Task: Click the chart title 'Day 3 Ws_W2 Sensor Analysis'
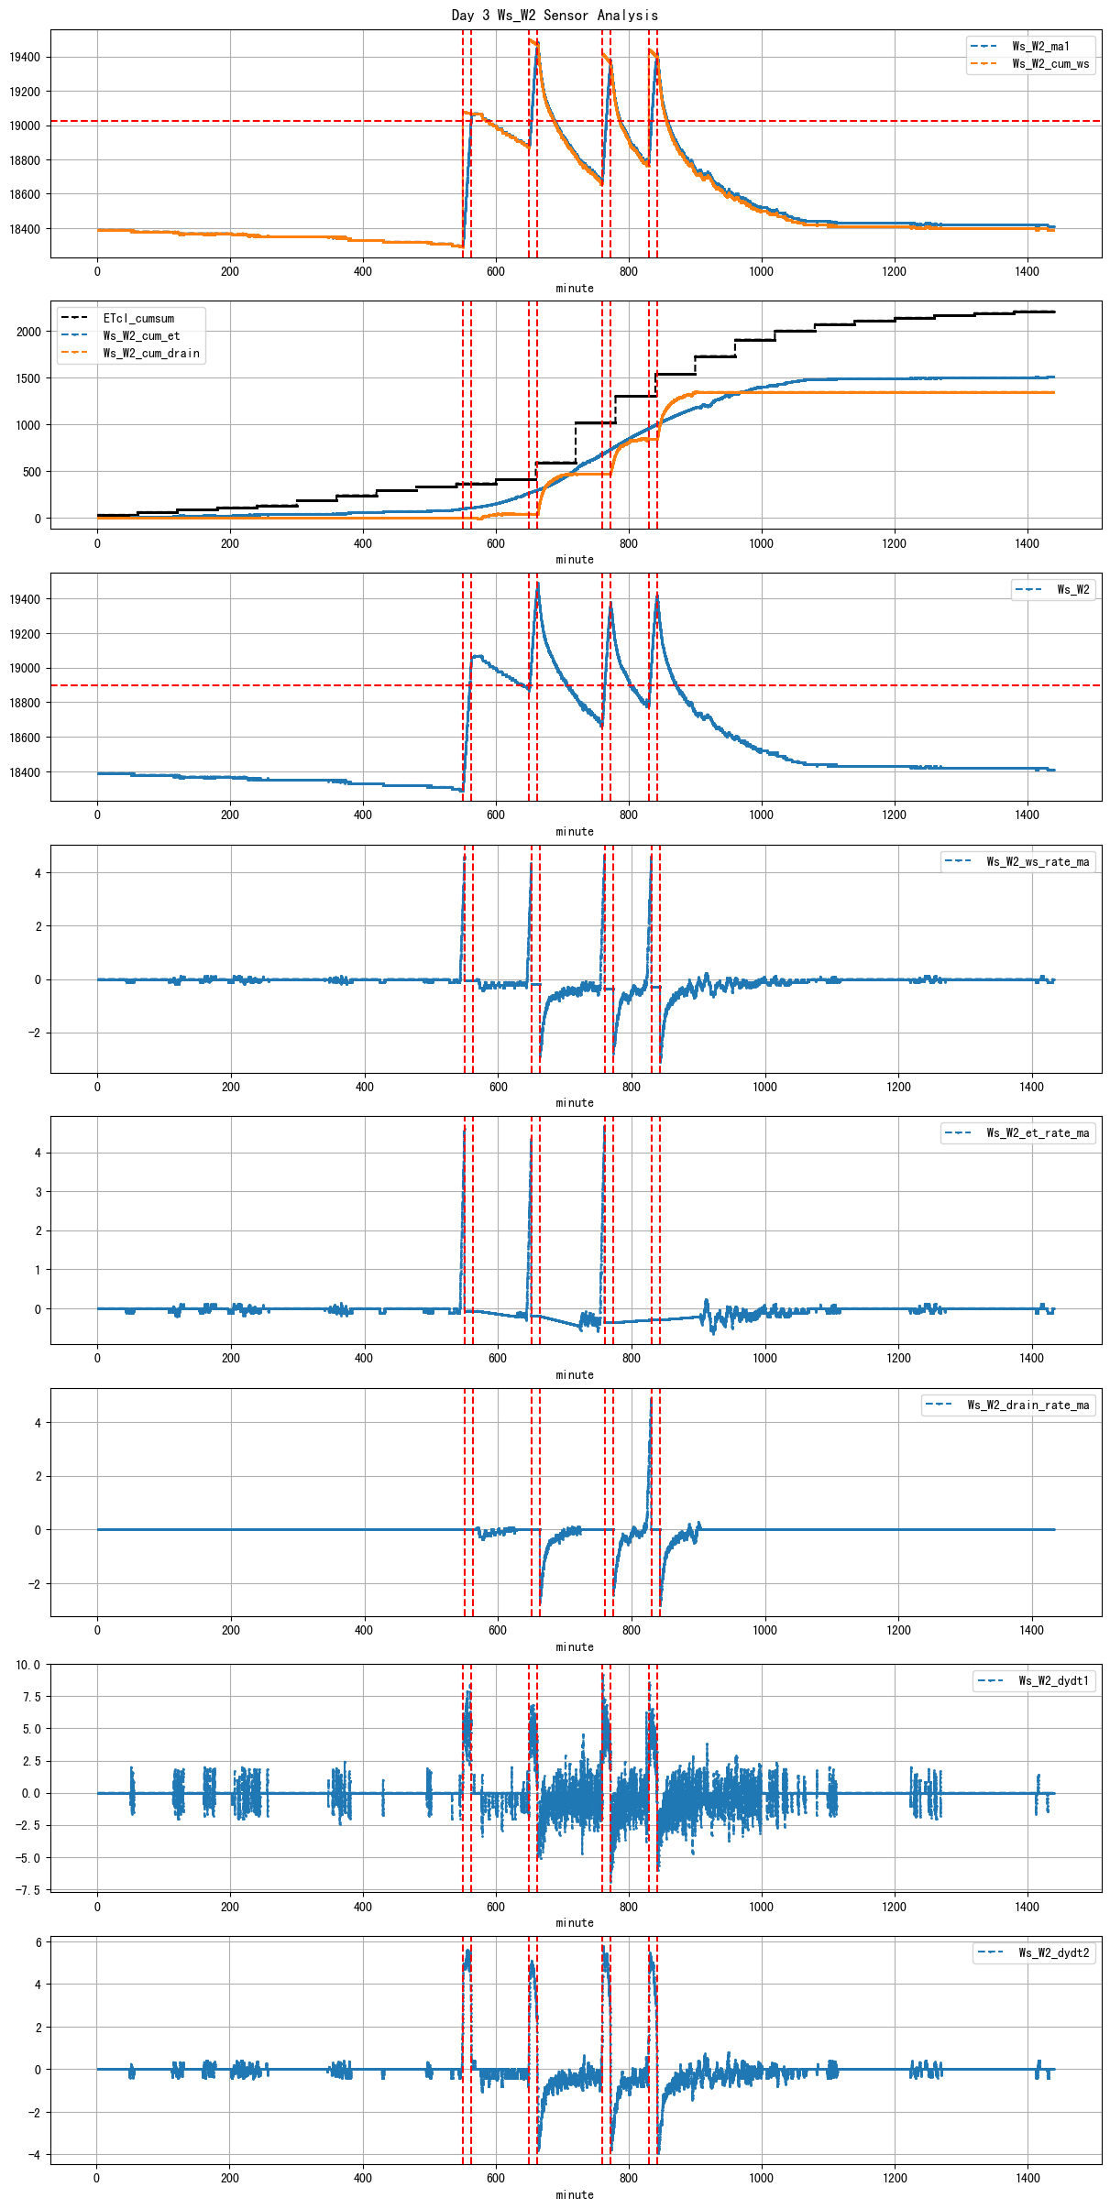555,15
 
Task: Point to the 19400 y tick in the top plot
25,57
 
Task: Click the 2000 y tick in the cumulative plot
28,332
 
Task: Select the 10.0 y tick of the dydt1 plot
27,1665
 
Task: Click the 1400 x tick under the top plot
1028,271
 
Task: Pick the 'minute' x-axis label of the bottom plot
575,2194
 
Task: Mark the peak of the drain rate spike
652,1399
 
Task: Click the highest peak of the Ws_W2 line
537,584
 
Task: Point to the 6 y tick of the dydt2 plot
38,1942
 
